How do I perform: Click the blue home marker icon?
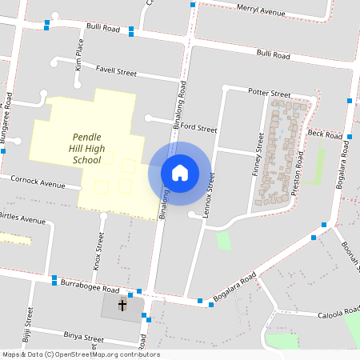(x=180, y=172)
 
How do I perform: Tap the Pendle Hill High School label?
(x=86, y=148)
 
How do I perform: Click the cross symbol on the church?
(x=123, y=305)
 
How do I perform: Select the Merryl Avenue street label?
(x=262, y=12)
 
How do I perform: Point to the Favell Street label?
(x=116, y=70)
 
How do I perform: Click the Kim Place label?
(x=79, y=55)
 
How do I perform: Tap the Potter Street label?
(x=269, y=94)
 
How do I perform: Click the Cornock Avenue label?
(x=38, y=182)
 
